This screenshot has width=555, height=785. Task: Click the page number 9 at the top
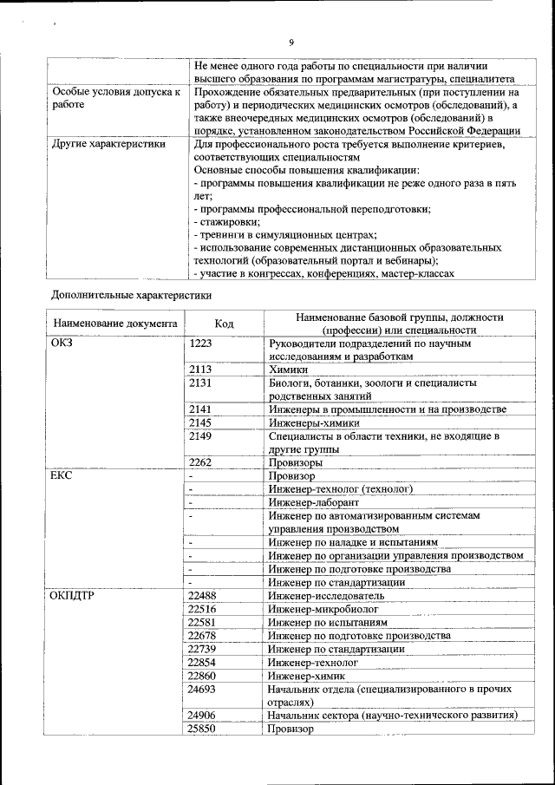click(x=291, y=42)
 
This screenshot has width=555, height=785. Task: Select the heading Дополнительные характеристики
click(x=131, y=294)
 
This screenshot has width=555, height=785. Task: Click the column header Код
click(x=224, y=324)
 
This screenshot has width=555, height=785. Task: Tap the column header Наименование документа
click(x=115, y=324)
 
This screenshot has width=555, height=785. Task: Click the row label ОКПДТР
click(x=75, y=595)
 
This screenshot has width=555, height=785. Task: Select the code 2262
click(x=200, y=462)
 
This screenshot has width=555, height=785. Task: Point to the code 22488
click(x=203, y=595)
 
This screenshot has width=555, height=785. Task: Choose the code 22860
click(x=203, y=675)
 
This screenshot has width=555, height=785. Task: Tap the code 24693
click(x=203, y=689)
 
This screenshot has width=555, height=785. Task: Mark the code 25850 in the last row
click(x=203, y=729)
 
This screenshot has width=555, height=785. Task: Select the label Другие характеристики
click(x=108, y=144)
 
